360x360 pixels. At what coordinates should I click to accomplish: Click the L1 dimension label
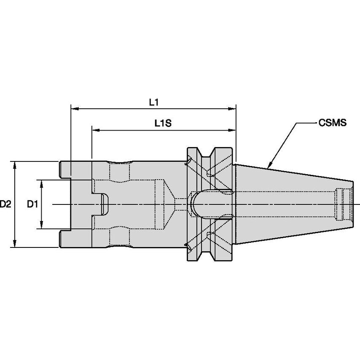pos(153,102)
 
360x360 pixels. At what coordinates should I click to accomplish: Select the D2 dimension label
pos(5,204)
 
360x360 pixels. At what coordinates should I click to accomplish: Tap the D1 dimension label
pos(32,204)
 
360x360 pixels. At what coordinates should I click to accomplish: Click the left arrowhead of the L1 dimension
pos(74,109)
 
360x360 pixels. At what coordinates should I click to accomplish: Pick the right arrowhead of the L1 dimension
pos(232,109)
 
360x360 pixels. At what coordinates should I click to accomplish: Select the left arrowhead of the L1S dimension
pos(95,130)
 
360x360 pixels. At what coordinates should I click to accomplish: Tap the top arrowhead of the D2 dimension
pos(16,164)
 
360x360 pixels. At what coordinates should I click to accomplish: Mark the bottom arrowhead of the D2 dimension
pos(16,244)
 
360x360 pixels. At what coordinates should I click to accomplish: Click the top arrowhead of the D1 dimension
pos(42,182)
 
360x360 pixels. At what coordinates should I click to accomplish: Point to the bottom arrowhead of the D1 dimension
pos(42,226)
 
